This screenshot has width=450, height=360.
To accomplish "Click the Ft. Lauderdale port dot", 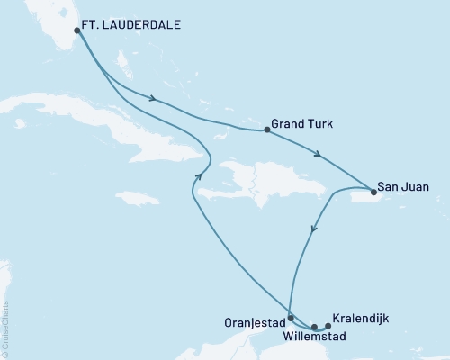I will pyautogui.click(x=77, y=31).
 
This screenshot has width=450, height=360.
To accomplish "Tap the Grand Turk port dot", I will pyautogui.click(x=267, y=130).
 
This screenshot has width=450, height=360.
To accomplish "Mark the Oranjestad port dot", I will pyautogui.click(x=290, y=318).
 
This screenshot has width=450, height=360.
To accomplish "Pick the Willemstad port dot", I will pyautogui.click(x=314, y=328).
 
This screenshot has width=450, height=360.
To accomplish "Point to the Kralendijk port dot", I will pyautogui.click(x=328, y=326).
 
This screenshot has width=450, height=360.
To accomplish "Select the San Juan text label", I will pyautogui.click(x=403, y=188).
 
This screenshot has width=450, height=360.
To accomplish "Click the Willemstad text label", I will pyautogui.click(x=312, y=339).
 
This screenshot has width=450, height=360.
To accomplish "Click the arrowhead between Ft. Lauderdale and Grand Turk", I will pyautogui.click(x=156, y=100).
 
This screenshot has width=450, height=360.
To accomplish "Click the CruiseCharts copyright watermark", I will pyautogui.click(x=7, y=323).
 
